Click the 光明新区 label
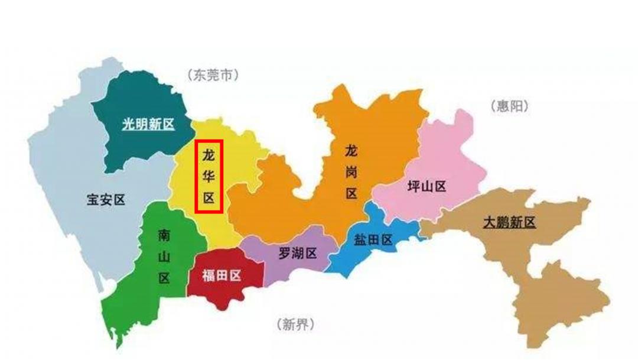(x=148, y=124)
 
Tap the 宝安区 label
(x=106, y=200)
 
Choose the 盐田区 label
(x=373, y=239)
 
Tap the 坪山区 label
(x=427, y=187)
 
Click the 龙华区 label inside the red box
(x=209, y=176)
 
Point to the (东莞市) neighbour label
(x=214, y=75)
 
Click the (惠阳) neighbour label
(x=509, y=107)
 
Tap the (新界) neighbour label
(x=295, y=324)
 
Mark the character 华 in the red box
(x=209, y=176)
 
